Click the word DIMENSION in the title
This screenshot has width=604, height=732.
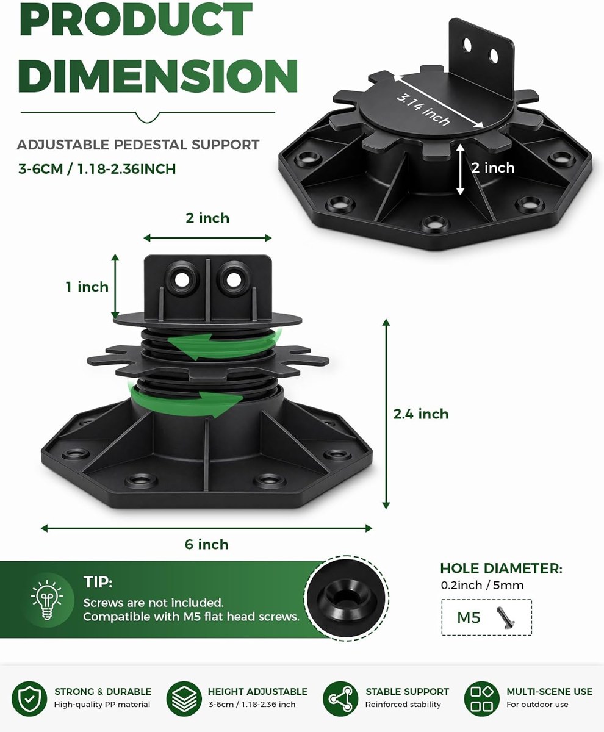[158, 76]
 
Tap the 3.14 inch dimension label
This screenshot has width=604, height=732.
[423, 109]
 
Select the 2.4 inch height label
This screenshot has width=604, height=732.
[421, 414]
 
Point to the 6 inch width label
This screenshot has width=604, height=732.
[207, 545]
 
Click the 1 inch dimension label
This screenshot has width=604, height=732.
[87, 287]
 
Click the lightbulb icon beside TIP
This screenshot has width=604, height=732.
[47, 600]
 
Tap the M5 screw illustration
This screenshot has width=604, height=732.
[506, 618]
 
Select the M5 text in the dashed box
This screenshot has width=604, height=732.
[469, 618]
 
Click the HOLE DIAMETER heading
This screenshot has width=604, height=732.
[502, 569]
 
